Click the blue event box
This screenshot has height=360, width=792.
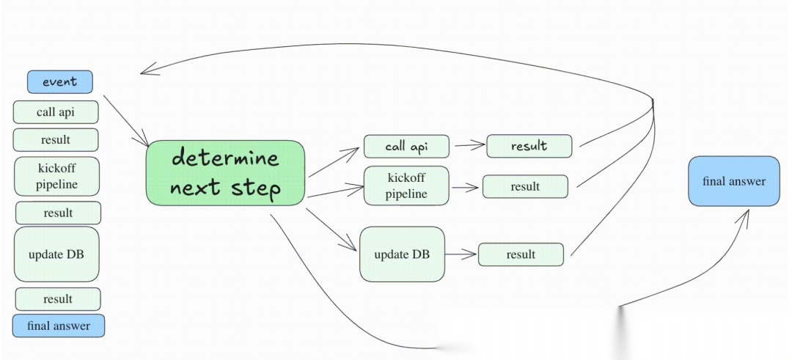pyautogui.click(x=60, y=82)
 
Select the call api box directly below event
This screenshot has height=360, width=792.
pyautogui.click(x=56, y=112)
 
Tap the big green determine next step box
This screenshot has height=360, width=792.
pyautogui.click(x=226, y=172)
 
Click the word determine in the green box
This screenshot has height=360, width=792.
pyautogui.click(x=225, y=158)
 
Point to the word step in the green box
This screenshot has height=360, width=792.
pyautogui.click(x=256, y=188)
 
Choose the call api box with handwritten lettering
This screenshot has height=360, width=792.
pyautogui.click(x=406, y=147)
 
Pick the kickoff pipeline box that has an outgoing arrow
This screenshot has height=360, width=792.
pyautogui.click(x=406, y=185)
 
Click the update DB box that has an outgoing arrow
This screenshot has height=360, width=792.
pyautogui.click(x=402, y=254)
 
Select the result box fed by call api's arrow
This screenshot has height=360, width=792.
pyautogui.click(x=529, y=146)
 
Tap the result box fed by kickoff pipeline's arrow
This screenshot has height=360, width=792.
pyautogui.click(x=525, y=186)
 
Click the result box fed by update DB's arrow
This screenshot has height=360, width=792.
pyautogui.click(x=521, y=254)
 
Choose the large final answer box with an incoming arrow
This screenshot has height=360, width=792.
pyautogui.click(x=733, y=181)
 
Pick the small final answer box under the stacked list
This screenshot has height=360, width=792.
pyautogui.click(x=59, y=326)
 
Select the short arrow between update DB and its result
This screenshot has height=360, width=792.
pyautogui.click(x=461, y=254)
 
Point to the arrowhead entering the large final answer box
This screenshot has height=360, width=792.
pyautogui.click(x=746, y=214)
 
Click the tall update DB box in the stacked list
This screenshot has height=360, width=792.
pyautogui.click(x=56, y=254)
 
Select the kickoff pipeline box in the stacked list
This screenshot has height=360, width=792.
pyautogui.click(x=56, y=176)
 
